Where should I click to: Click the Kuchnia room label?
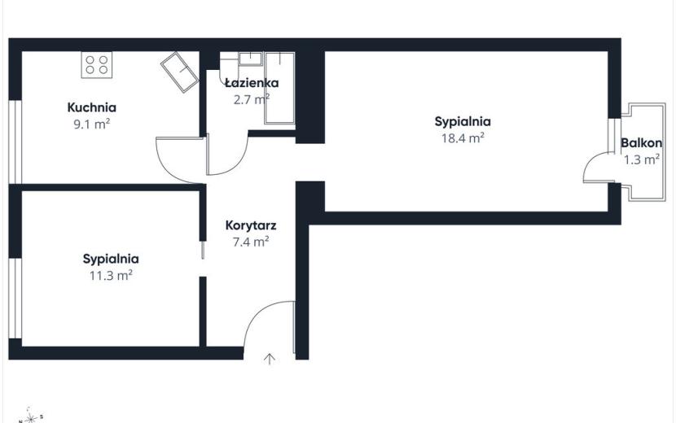(92, 107)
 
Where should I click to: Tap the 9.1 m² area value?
(92, 124)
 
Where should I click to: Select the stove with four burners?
(97, 64)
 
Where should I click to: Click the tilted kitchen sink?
(179, 72)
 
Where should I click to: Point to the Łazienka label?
(252, 82)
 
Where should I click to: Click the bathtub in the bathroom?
(280, 88)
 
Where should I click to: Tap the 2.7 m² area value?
(252, 99)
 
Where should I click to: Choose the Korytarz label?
(251, 225)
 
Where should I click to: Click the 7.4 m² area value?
(251, 242)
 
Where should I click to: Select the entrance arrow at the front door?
(270, 359)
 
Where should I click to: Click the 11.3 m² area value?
(111, 276)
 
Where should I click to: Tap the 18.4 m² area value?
(463, 138)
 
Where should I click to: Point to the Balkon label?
(642, 143)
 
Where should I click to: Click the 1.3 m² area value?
(642, 159)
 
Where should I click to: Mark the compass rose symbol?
(30, 416)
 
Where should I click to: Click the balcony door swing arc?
(589, 161)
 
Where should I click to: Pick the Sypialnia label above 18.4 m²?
(463, 121)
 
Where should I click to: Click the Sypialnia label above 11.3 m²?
(111, 259)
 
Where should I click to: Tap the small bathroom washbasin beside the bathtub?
(251, 59)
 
